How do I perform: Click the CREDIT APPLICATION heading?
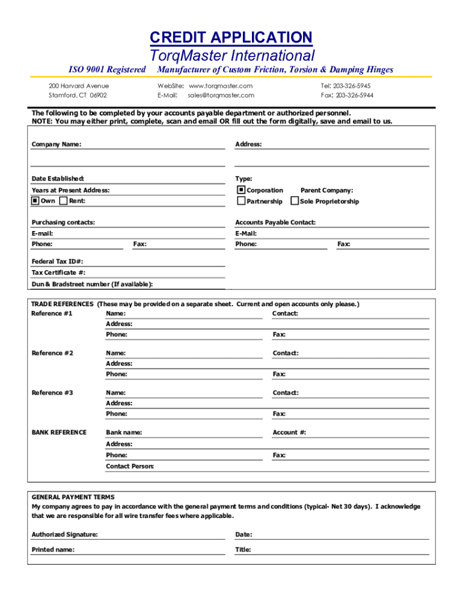231,37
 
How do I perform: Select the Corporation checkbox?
242,190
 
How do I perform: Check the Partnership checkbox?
242,201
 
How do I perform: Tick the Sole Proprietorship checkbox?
295,201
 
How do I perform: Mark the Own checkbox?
35,201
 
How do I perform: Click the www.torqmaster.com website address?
221,86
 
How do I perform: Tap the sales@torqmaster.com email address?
221,95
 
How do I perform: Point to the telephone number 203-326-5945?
354,86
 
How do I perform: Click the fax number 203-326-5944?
354,95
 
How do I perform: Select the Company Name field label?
57,144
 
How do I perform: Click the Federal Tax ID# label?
57,262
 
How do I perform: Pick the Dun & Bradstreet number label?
92,284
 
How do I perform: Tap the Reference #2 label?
52,353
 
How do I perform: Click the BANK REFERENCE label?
59,433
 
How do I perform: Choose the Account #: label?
289,433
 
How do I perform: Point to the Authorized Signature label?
64,535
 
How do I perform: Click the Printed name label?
53,550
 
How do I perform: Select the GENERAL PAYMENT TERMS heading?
73,497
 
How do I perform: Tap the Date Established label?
58,179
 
